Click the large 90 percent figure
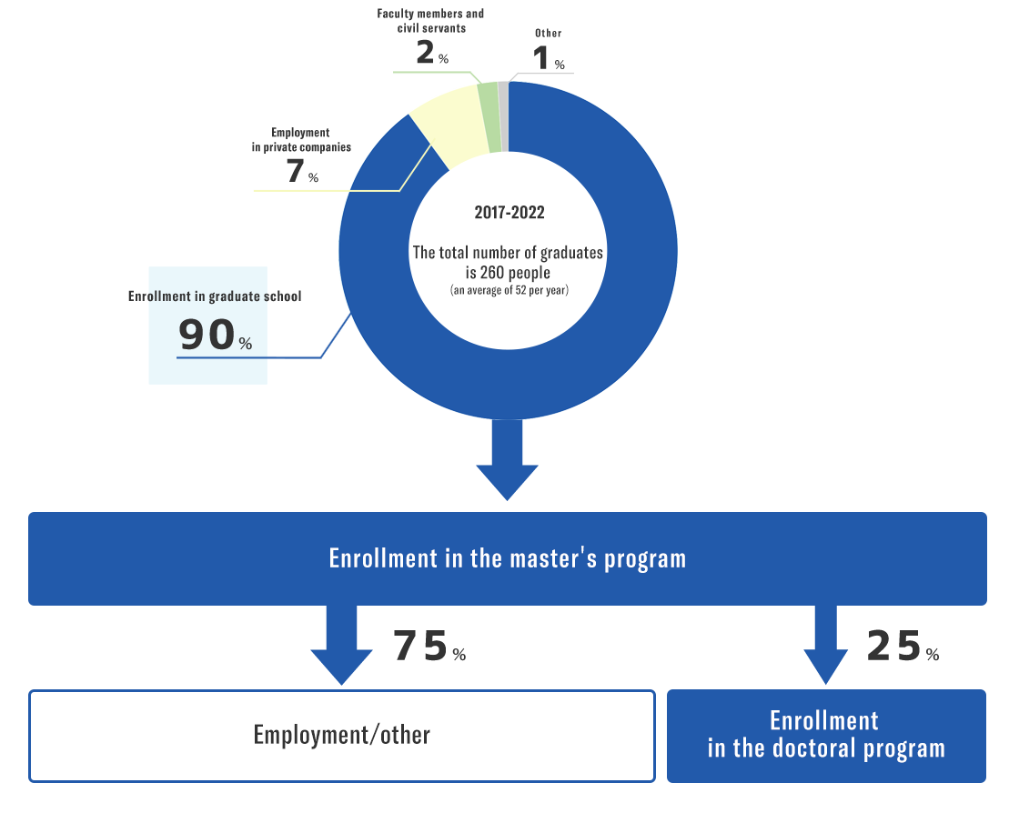point(215,335)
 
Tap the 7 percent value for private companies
point(302,171)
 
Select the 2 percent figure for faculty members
point(432,52)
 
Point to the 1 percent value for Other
point(549,58)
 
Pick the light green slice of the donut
point(490,117)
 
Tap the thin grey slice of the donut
point(503,116)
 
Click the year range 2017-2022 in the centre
point(509,212)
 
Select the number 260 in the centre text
point(492,273)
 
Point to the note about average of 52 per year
point(509,290)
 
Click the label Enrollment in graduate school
point(215,296)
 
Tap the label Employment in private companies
point(301,139)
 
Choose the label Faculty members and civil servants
point(430,21)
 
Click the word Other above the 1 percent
point(549,33)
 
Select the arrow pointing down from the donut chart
point(507,460)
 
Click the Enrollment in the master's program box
point(507,558)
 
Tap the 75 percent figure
point(429,646)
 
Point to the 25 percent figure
point(903,646)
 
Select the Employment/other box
point(342,736)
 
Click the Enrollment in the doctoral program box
point(826,736)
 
